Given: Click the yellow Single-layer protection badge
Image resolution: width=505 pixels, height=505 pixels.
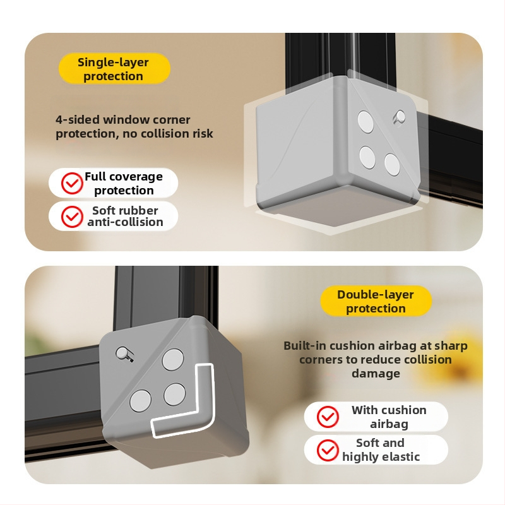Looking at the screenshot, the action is (114, 69).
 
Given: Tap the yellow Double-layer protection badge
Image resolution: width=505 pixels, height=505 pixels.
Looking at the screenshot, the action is (376, 301).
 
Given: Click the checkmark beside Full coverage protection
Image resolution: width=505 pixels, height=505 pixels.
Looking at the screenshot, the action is (72, 183).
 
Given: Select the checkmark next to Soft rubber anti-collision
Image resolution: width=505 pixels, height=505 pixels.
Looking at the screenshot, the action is (72, 217).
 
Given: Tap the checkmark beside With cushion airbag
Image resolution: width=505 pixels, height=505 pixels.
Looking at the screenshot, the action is (328, 417).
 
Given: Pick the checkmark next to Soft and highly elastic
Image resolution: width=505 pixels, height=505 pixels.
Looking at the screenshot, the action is (328, 450).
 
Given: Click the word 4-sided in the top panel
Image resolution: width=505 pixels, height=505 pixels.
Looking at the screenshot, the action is (78, 120).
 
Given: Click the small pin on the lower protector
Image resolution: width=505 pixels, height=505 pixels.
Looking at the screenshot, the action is (123, 353).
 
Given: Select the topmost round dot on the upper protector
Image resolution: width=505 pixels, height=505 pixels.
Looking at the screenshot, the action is (365, 122).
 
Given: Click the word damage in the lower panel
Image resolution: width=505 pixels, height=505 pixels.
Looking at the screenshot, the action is (376, 374).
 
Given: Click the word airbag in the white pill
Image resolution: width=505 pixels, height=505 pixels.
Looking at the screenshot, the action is (389, 424).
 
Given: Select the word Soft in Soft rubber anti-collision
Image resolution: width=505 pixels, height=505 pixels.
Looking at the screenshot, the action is (104, 210).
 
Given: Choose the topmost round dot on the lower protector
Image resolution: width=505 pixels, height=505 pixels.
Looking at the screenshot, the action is (173, 359).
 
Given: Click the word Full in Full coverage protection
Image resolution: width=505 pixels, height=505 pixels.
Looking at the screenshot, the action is (95, 177).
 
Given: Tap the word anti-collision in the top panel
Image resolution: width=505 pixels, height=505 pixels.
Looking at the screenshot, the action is (125, 222).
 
